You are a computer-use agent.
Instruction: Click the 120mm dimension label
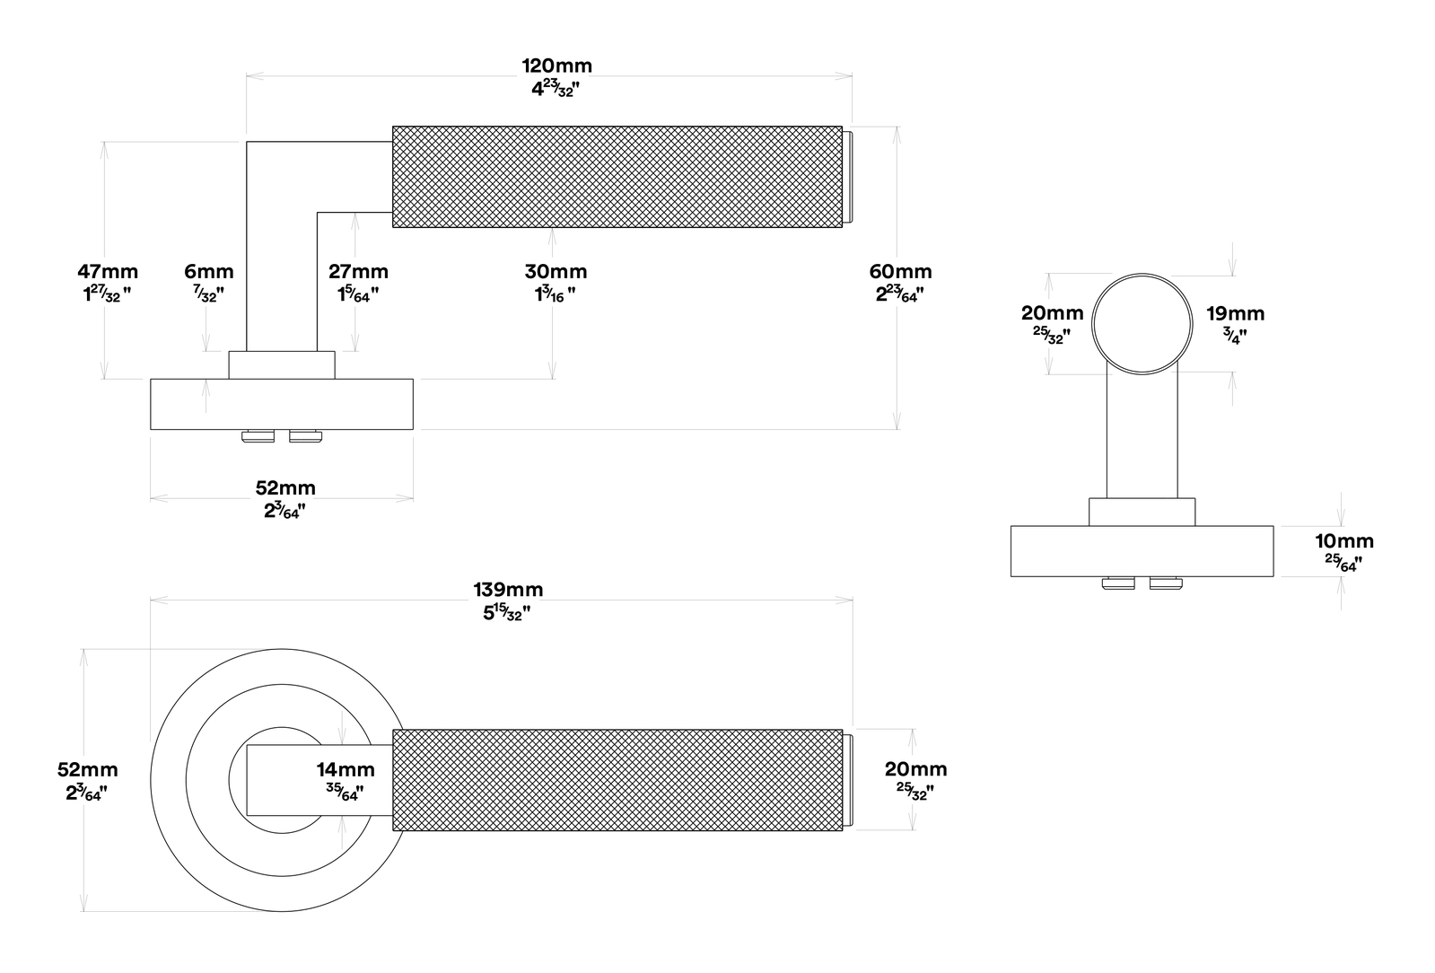coord(556,66)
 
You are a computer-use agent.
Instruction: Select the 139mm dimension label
coord(508,590)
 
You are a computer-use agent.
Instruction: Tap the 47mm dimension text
coord(108,272)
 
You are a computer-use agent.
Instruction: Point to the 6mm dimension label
coord(209,272)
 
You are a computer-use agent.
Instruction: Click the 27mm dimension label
coord(359,272)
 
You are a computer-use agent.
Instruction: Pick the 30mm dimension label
coord(556,272)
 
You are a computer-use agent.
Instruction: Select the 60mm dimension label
coord(900,272)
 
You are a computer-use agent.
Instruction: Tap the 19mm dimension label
coord(1236,314)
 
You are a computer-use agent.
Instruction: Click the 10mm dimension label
coord(1344,541)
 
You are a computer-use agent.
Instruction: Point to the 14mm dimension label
coord(346,769)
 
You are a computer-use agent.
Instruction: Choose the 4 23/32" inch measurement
coord(556,89)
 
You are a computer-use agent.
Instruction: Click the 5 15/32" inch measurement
coord(507,613)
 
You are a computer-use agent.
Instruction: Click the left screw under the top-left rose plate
coord(258,436)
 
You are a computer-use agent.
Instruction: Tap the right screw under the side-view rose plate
coord(1166,583)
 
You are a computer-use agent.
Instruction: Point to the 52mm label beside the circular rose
coord(88,769)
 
